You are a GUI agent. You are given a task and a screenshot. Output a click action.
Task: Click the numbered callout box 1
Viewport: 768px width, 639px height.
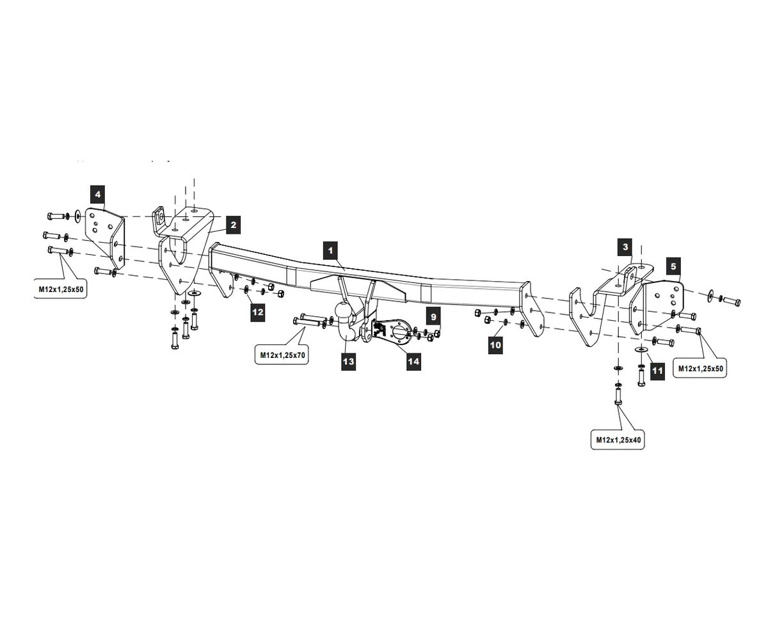click(330, 250)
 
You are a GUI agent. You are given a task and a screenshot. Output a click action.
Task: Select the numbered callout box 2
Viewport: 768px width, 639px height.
click(233, 225)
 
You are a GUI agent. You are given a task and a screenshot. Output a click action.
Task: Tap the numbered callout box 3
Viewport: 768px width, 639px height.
click(625, 247)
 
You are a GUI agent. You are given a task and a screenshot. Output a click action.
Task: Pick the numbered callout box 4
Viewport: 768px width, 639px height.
click(97, 194)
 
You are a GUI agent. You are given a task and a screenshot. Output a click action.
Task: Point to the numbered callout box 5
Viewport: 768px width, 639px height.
click(673, 265)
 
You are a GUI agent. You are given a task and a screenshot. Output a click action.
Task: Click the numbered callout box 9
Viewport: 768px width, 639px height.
click(433, 316)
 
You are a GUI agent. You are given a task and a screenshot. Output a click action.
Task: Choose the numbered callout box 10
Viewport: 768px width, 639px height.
click(495, 345)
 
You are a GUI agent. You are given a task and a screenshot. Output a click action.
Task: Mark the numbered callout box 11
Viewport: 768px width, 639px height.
click(657, 370)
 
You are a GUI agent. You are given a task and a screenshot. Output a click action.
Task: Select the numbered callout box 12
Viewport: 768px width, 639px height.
click(257, 312)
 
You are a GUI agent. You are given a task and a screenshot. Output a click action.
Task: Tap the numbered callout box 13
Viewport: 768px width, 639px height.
click(348, 362)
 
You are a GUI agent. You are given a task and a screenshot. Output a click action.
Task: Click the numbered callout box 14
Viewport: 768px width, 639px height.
click(413, 362)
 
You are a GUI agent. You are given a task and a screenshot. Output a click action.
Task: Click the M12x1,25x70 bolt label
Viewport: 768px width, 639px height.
click(282, 355)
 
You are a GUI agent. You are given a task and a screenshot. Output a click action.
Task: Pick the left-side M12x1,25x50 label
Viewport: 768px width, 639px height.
click(61, 289)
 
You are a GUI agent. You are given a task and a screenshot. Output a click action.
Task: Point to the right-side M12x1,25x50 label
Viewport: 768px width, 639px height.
click(701, 368)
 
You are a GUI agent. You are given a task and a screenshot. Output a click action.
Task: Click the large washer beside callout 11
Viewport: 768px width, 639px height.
click(641, 350)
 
